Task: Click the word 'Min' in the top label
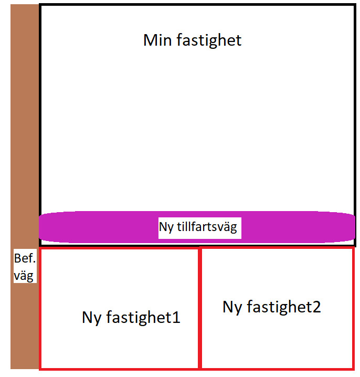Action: tap(158, 40)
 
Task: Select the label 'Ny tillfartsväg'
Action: tap(198, 227)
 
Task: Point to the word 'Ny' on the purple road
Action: tap(166, 227)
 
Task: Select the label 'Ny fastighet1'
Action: tap(131, 317)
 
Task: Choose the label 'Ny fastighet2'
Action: tap(271, 307)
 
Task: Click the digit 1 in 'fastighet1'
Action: tap(176, 317)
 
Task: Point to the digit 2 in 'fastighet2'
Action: tap(315, 307)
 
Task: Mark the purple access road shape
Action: tap(105, 227)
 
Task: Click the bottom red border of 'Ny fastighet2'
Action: tap(277, 368)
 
